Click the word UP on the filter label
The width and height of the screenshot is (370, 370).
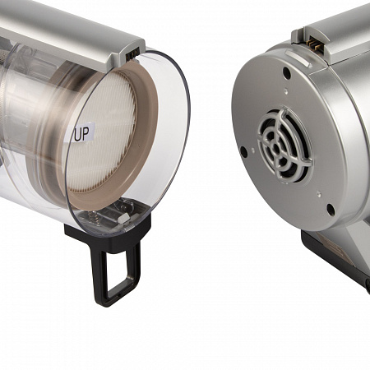tap(81, 134)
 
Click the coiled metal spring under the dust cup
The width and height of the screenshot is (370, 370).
tap(93, 217)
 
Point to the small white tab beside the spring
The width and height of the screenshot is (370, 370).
tap(123, 219)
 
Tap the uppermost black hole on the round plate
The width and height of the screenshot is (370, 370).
tap(287, 72)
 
